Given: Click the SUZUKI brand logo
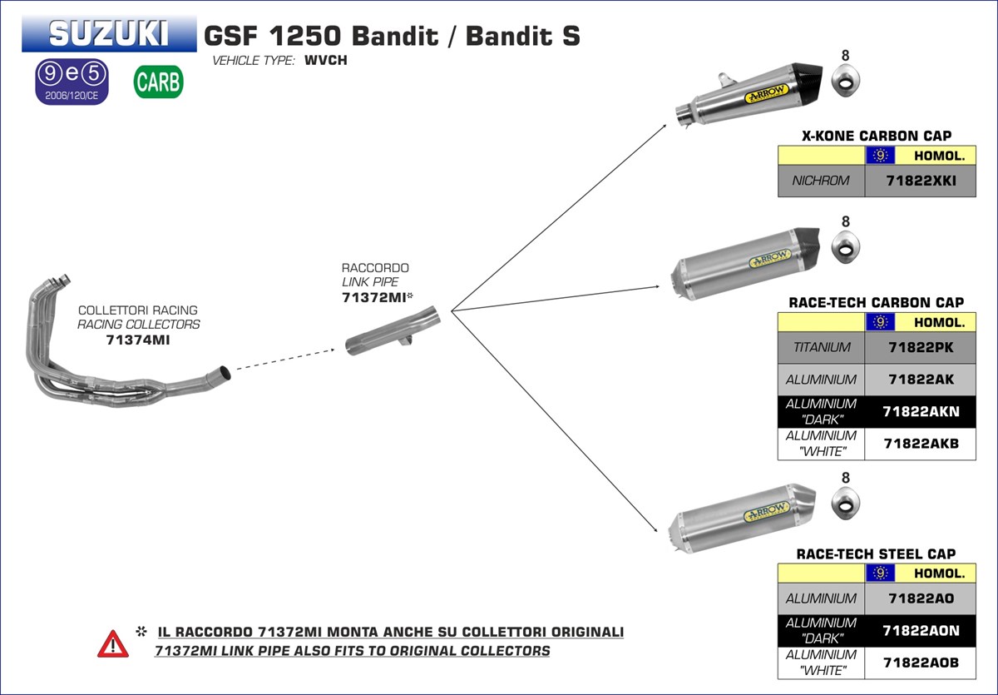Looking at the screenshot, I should pyautogui.click(x=109, y=33).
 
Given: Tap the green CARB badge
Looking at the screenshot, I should pyautogui.click(x=158, y=82).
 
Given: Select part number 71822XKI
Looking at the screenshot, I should pyautogui.click(x=920, y=181).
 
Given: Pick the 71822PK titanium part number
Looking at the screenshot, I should pyautogui.click(x=920, y=347).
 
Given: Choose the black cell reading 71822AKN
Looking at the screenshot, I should pyautogui.click(x=920, y=411).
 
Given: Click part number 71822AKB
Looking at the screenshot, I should pyautogui.click(x=920, y=444).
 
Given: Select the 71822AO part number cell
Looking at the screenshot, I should pyautogui.click(x=920, y=598).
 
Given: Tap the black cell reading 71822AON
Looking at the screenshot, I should pyautogui.click(x=920, y=631).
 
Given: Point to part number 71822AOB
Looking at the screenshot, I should pyautogui.click(x=920, y=663).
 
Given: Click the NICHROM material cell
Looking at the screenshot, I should pyautogui.click(x=821, y=181).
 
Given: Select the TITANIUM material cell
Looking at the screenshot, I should pyautogui.click(x=821, y=347).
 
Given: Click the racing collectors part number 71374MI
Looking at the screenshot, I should pyautogui.click(x=138, y=340).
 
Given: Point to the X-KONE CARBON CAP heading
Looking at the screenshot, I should pyautogui.click(x=877, y=136).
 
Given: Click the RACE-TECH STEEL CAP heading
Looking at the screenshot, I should pyautogui.click(x=876, y=554).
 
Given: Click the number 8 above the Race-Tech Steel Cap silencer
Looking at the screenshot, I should pyautogui.click(x=846, y=478).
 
